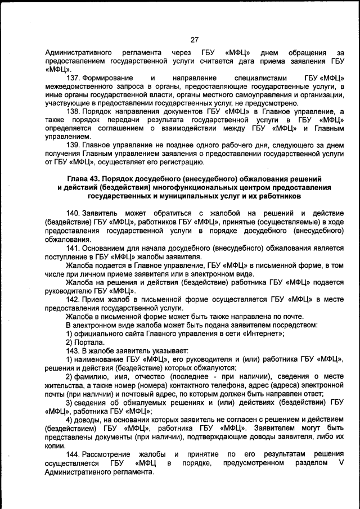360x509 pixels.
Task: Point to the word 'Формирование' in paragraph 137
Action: [108, 78]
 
